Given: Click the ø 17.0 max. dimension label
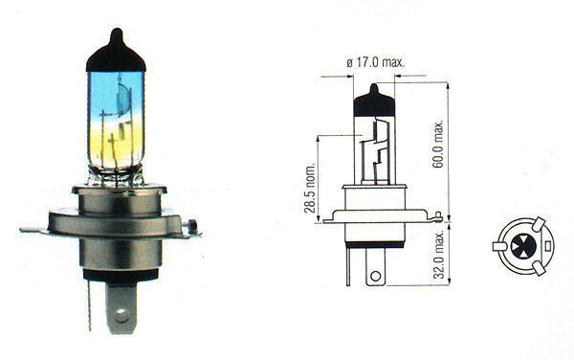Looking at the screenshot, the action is (x=375, y=62).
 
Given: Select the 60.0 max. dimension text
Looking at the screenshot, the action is (x=438, y=144).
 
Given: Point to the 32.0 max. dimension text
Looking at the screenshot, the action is (x=438, y=254).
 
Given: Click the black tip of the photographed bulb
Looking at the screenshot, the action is (x=116, y=51).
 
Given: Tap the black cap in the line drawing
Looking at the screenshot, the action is (x=374, y=101).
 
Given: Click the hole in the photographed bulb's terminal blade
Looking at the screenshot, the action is (x=121, y=315).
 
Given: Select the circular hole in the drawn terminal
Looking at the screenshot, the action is (x=376, y=276).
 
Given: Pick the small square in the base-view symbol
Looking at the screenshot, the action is (x=547, y=246).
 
